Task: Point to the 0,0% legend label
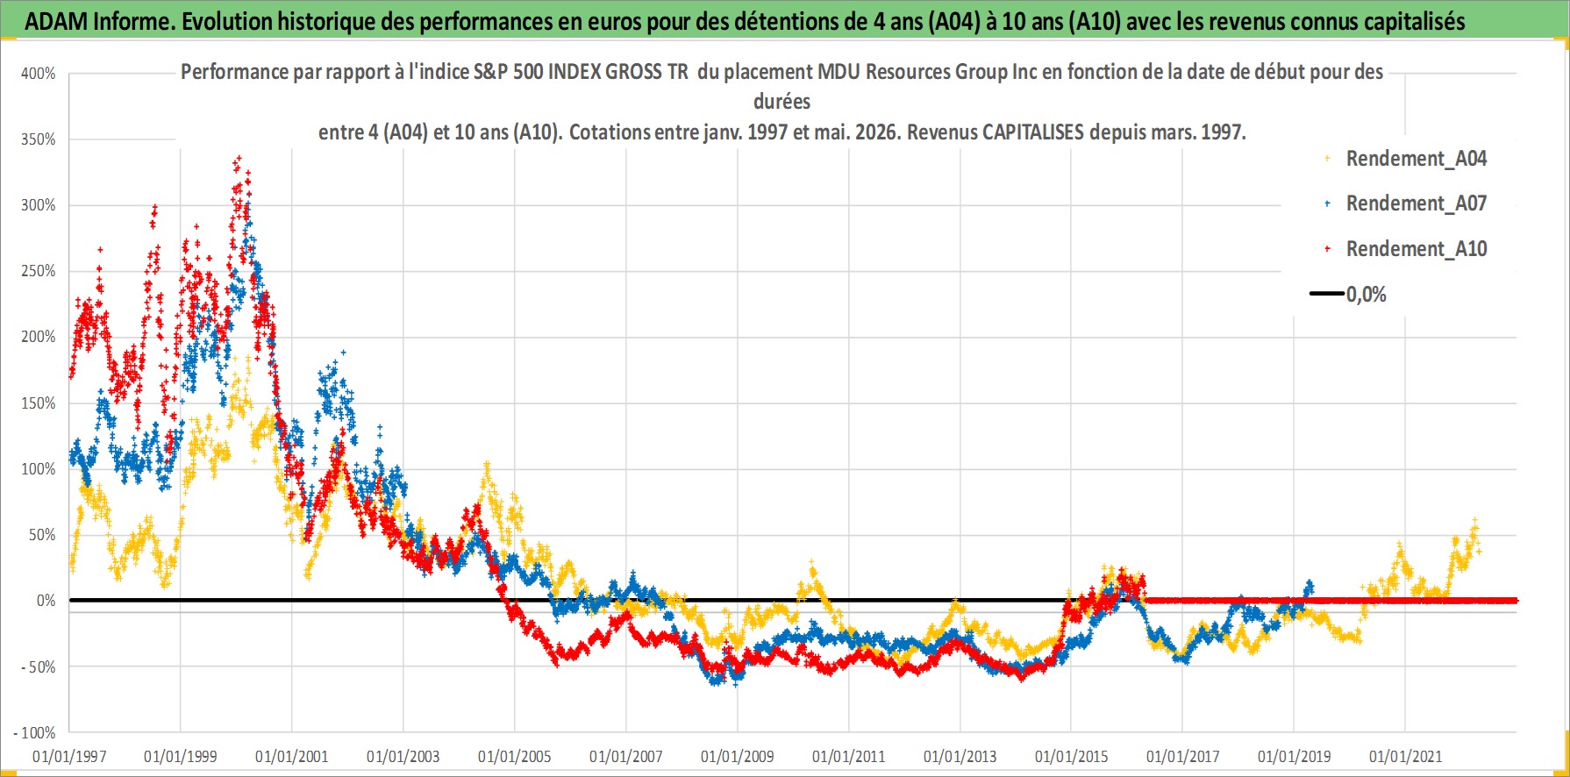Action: [1367, 295]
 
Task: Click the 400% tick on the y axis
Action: [39, 74]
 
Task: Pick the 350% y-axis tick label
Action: [39, 139]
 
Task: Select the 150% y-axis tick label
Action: [39, 403]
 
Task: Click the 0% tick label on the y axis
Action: [46, 601]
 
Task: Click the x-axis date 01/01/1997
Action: [69, 756]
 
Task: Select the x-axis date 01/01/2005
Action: [515, 756]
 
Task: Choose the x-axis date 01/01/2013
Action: [960, 756]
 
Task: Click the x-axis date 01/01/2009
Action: [738, 756]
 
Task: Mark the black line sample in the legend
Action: [1327, 294]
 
